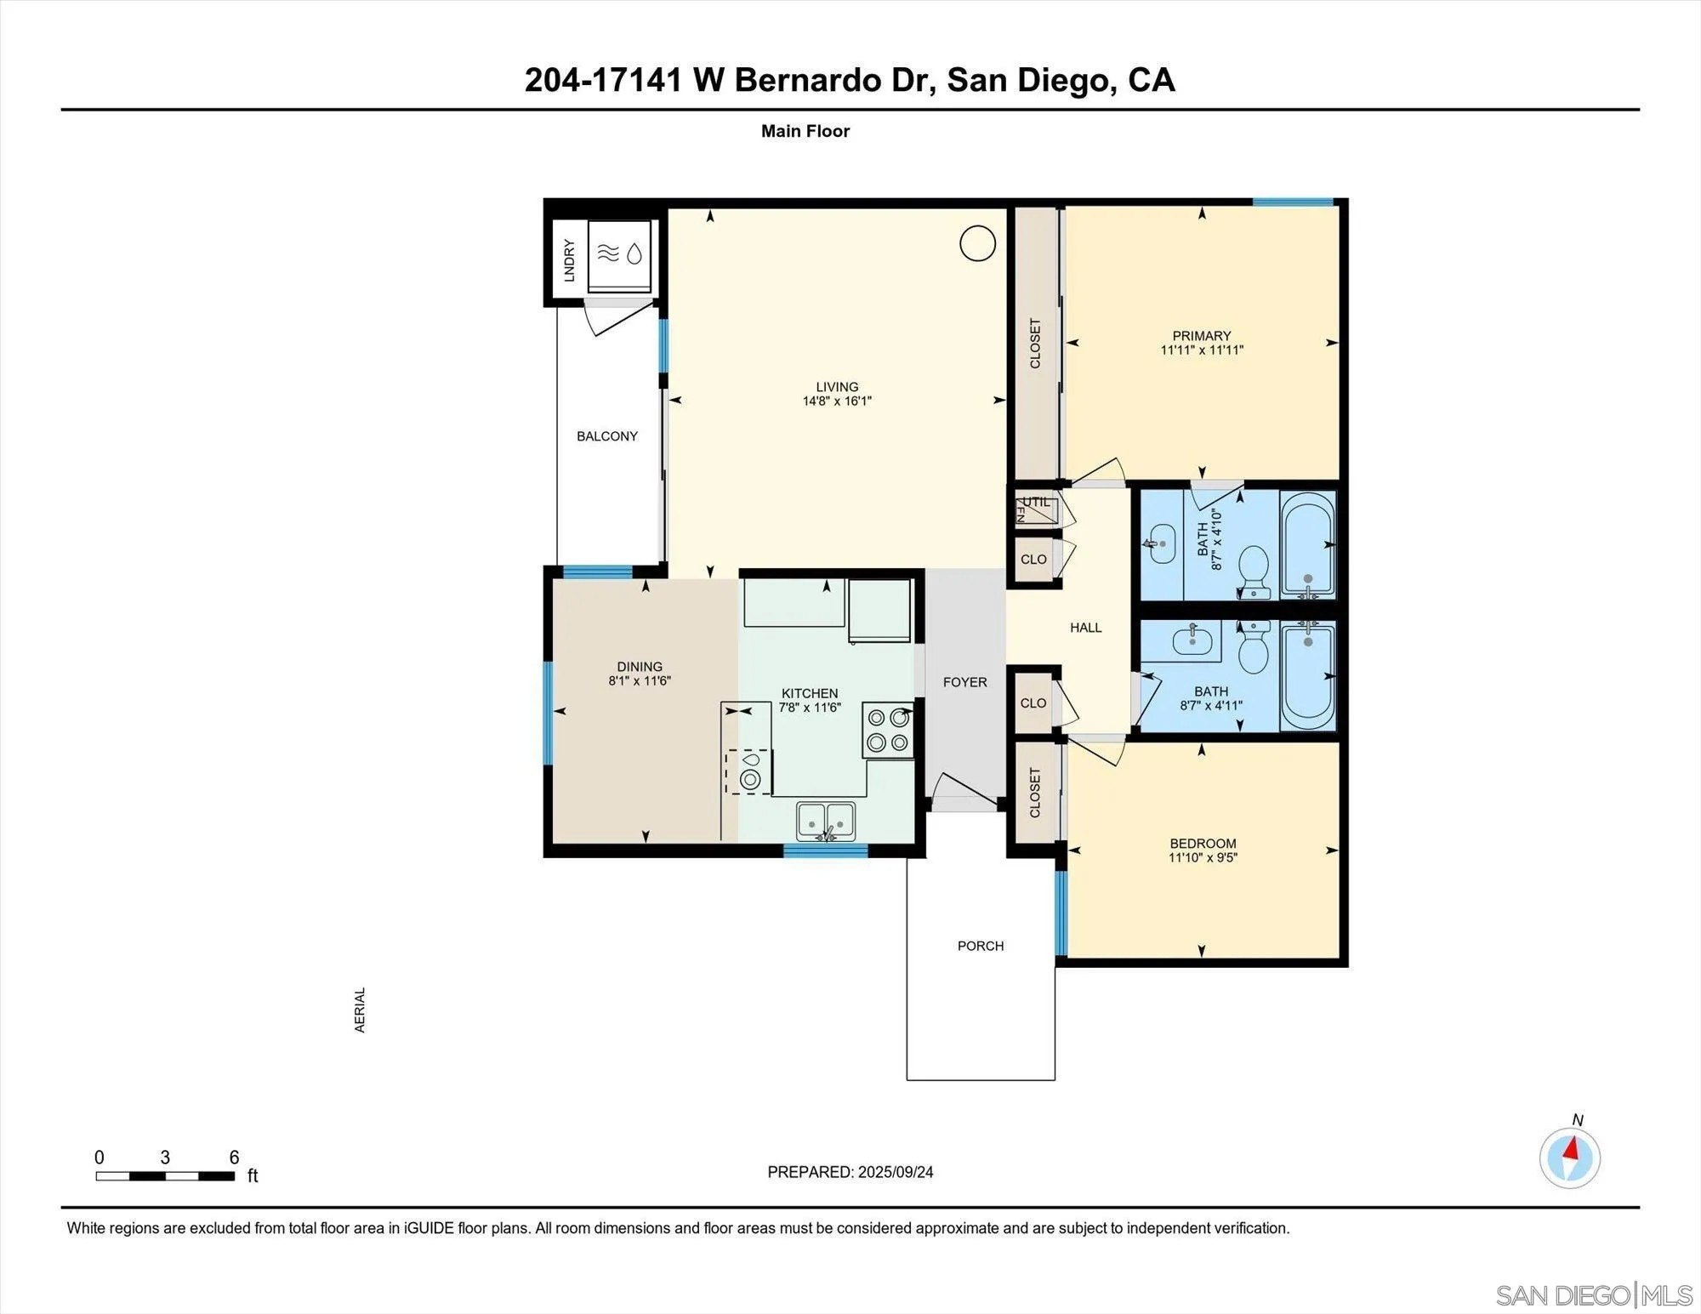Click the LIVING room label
[x=837, y=387]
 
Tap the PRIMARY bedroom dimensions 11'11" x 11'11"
[x=1202, y=350]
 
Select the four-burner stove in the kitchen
[x=887, y=730]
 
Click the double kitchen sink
[x=826, y=821]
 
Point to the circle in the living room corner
[x=977, y=243]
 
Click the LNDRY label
[x=569, y=260]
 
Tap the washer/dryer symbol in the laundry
[x=620, y=253]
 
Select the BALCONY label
[x=606, y=436]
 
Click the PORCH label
[x=980, y=946]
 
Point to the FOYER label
[x=964, y=682]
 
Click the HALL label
[x=1085, y=628]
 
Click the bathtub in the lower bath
[x=1307, y=676]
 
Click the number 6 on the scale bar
[x=234, y=1158]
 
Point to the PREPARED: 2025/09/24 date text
[x=850, y=1172]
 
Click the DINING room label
[x=640, y=667]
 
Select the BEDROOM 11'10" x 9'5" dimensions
[x=1202, y=857]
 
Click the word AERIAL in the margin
[x=360, y=1010]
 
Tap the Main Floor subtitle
[x=805, y=131]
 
